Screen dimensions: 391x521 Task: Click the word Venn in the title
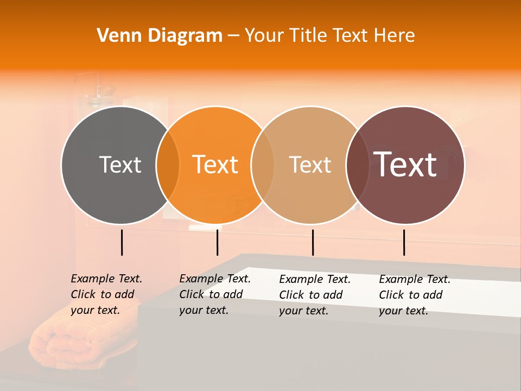116,36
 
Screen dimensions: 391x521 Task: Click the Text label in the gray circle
120,165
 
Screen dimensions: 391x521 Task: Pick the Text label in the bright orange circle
215,165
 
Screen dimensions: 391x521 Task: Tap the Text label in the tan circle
310,165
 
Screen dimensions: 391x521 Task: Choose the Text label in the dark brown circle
405,165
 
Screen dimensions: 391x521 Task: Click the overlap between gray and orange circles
168,165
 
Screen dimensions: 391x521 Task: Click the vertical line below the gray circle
122,242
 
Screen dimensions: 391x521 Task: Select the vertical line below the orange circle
217,242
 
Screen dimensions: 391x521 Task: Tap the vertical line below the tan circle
313,242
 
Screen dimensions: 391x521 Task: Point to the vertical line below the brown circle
404,242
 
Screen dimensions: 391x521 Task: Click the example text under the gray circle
106,294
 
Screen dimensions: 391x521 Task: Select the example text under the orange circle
215,294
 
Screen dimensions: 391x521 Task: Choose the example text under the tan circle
315,295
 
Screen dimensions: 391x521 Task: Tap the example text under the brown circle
415,295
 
